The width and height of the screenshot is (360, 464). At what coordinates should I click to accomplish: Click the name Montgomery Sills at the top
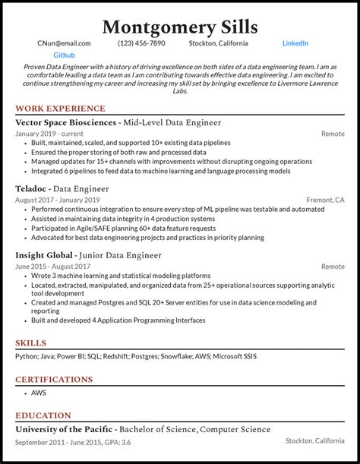pyautogui.click(x=179, y=27)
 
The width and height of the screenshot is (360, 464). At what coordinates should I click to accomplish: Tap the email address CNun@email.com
pyautogui.click(x=64, y=44)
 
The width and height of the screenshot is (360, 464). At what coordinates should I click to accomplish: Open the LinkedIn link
pyautogui.click(x=295, y=44)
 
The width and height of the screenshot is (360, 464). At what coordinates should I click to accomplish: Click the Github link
pyautogui.click(x=65, y=56)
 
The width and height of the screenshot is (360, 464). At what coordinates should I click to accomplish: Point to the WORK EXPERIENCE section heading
pyautogui.click(x=60, y=109)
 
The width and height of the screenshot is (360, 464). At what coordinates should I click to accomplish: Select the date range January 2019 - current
pyautogui.click(x=49, y=134)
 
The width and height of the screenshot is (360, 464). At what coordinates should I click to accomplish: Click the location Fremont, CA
pyautogui.click(x=326, y=200)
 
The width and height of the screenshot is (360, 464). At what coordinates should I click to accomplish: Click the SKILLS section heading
pyautogui.click(x=31, y=343)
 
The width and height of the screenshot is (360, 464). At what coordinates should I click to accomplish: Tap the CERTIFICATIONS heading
pyautogui.click(x=54, y=380)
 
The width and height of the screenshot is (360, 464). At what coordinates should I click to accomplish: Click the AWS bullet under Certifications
pyautogui.click(x=38, y=393)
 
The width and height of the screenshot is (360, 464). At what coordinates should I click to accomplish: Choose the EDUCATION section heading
pyautogui.click(x=43, y=416)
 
